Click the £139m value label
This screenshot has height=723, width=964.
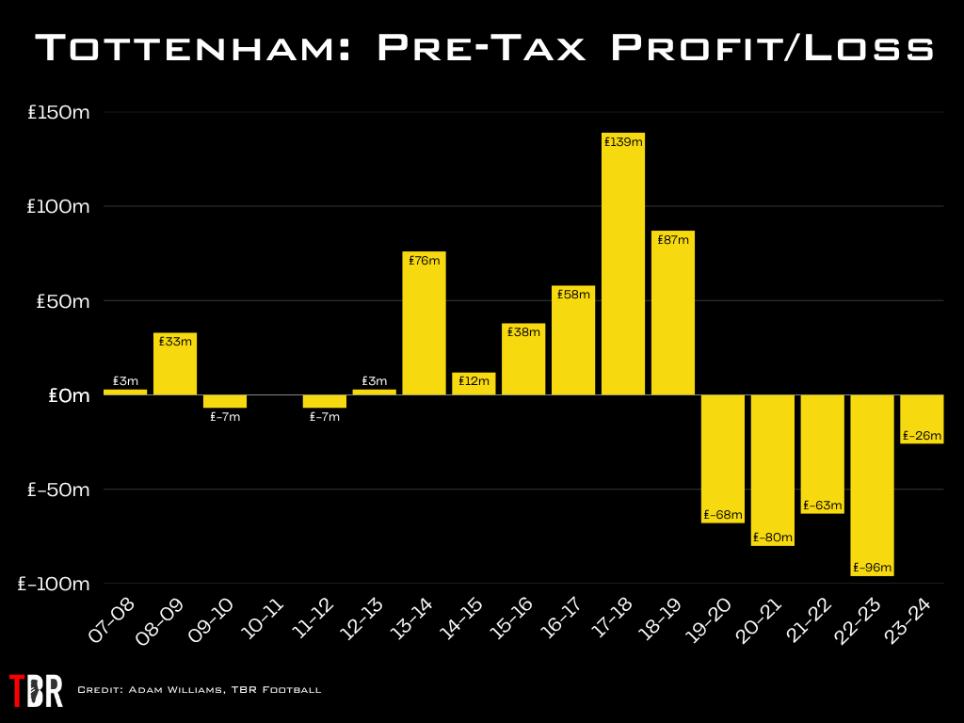click(x=623, y=142)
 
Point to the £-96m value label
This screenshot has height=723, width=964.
click(x=872, y=568)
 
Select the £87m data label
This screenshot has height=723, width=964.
click(x=673, y=240)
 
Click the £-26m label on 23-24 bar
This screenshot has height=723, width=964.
click(x=922, y=436)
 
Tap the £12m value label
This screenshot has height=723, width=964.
click(x=474, y=381)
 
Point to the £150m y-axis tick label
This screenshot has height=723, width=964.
click(x=58, y=113)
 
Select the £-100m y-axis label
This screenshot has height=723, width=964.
click(x=55, y=585)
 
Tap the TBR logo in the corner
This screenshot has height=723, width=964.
click(x=36, y=690)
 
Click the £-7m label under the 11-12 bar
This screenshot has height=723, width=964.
click(x=325, y=417)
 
